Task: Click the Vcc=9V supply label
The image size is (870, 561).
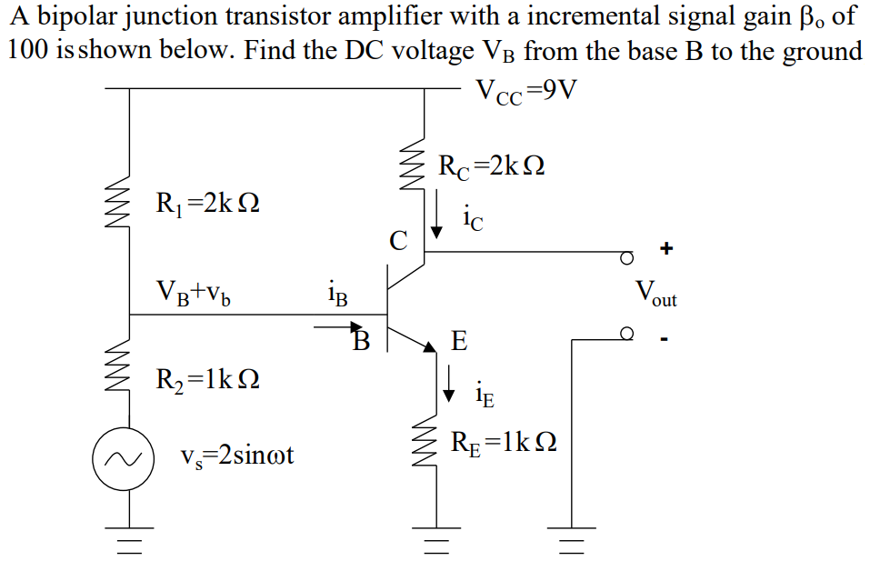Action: pos(526,93)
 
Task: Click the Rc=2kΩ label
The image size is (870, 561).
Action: pos(491,166)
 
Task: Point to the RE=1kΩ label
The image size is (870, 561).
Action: pos(504,443)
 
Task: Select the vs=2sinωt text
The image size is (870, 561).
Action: pos(237,456)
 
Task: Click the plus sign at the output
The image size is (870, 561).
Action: pos(667,247)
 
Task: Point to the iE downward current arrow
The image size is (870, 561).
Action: pos(448,384)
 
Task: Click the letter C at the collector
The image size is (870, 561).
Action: pos(398,241)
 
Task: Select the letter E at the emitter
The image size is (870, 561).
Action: pos(459,343)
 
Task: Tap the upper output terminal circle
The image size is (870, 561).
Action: pos(626,257)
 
